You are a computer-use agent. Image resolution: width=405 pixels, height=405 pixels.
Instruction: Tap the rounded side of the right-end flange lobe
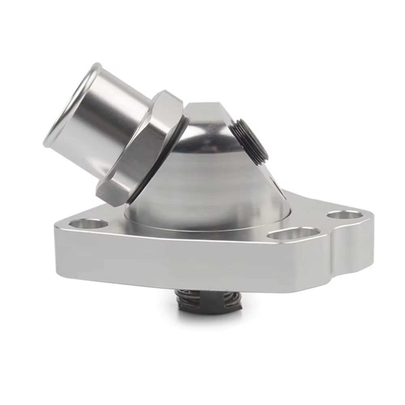pyautogui.click(x=356, y=251)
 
